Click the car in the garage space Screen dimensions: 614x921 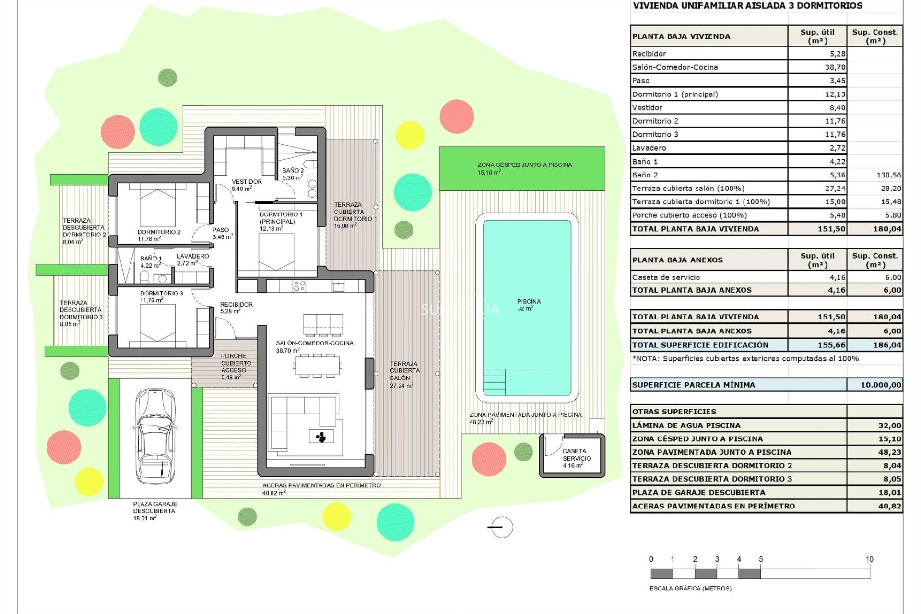coord(154,436)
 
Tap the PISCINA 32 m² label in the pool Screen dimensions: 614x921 coord(529,305)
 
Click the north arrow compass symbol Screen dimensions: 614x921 coord(501,527)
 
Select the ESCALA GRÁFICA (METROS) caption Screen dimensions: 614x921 coord(690,589)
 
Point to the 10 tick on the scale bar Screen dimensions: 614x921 coord(869,559)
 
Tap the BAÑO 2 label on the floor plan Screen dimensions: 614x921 coord(293,171)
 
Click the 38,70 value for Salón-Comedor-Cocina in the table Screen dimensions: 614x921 coord(835,67)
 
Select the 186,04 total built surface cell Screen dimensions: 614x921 coord(887,345)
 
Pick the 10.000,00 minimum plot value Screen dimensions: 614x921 coord(880,385)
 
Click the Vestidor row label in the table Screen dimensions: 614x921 coord(647,108)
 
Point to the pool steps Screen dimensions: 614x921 coord(494,382)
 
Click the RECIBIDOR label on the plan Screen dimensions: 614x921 coord(236,305)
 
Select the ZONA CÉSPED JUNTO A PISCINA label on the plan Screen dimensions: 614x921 coord(524,165)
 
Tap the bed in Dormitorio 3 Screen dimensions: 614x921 coord(157,322)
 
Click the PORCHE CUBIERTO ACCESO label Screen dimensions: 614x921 coord(236,363)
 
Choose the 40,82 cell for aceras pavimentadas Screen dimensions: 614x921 coord(889,506)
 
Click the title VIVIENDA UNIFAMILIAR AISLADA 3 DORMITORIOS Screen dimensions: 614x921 coord(747,6)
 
